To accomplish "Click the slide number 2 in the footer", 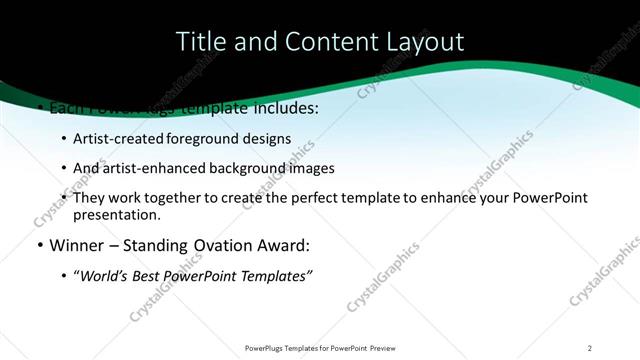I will pyautogui.click(x=589, y=348).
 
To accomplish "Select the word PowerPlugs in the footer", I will pyautogui.click(x=266, y=348).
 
